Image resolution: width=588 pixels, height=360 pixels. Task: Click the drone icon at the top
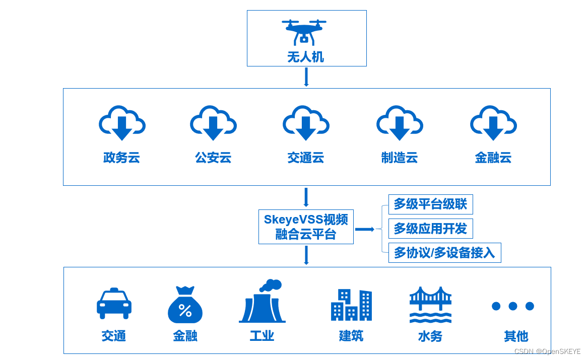coord(304,31)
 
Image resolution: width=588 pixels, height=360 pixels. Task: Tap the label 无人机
coord(305,57)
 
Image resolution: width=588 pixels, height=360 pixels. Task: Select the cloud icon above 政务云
coord(122,123)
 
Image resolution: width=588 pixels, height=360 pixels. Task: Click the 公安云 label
coord(213,158)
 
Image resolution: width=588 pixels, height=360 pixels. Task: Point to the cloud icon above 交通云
coord(306,123)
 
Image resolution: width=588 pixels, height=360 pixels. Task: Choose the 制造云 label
coord(400,158)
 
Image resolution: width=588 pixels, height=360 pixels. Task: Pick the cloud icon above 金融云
coord(493,123)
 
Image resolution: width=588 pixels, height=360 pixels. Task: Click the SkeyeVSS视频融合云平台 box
coord(306,227)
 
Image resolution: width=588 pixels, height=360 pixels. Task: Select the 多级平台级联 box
coord(430,204)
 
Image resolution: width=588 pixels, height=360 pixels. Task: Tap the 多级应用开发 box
coord(430,229)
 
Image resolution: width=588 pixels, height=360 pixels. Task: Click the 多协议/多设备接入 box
coord(444,253)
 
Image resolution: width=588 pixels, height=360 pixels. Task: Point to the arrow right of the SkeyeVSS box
coord(364,229)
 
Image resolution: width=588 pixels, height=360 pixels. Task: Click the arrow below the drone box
coord(306,77)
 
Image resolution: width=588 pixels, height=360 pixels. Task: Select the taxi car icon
coord(114,303)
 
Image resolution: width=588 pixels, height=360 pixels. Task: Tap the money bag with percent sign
coord(185,305)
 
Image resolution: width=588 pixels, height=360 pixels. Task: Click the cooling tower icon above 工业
coord(262,302)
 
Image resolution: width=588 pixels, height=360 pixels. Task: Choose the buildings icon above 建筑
coord(351,305)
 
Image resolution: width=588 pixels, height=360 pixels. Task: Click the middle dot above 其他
coord(513,306)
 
